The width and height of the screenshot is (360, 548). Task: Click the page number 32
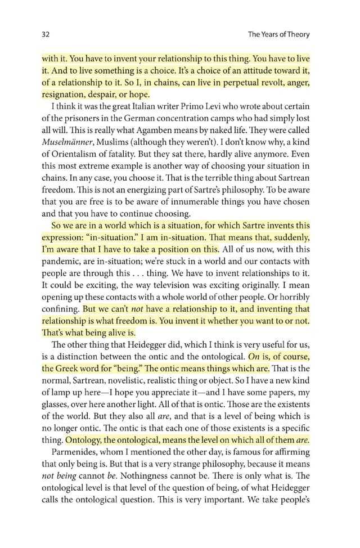click(x=46, y=34)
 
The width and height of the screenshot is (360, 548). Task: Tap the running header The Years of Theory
click(x=278, y=34)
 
